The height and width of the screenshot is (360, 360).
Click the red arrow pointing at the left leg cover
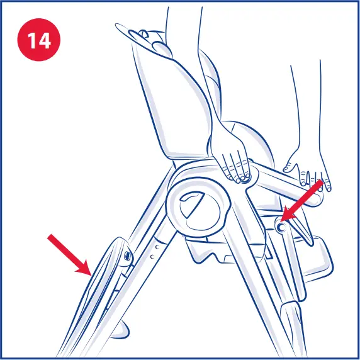(69, 252)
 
